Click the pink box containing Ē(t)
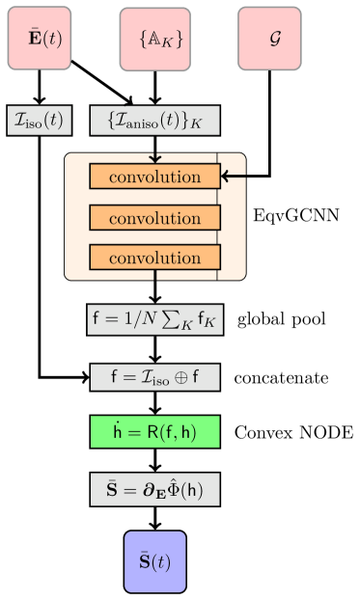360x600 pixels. tap(40, 40)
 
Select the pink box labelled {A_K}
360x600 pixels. tap(154, 40)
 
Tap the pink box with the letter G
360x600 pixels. tap(270, 40)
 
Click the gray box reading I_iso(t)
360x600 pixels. tap(40, 121)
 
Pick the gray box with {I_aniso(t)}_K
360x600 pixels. tap(154, 121)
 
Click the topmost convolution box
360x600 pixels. tap(154, 177)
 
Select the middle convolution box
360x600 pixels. tap(154, 217)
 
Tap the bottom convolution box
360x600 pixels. tap(154, 258)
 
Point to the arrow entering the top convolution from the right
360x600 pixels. tap(234, 177)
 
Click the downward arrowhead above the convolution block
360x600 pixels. tap(155, 158)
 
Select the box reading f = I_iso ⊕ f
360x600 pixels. tap(154, 377)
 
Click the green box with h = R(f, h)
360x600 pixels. tap(154, 432)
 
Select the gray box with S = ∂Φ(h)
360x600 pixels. tap(154, 489)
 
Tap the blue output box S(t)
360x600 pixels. tap(154, 561)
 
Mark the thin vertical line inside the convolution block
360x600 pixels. tap(218, 217)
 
